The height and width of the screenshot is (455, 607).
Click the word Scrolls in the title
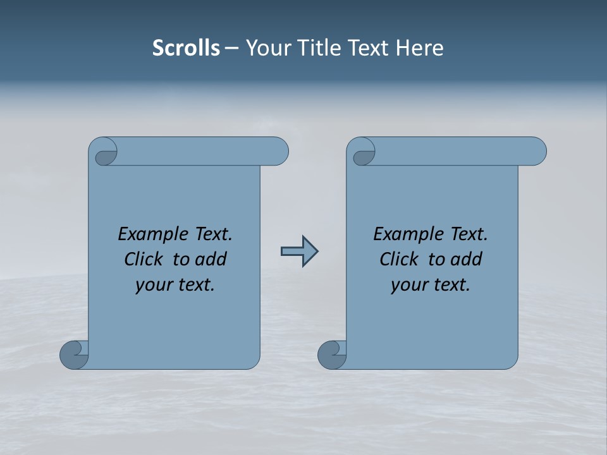click(186, 47)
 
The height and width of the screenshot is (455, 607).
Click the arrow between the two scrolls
click(299, 252)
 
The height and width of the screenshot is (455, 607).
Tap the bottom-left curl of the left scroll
click(74, 355)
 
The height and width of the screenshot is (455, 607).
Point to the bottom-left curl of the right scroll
click(332, 355)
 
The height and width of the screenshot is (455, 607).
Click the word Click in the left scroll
click(145, 259)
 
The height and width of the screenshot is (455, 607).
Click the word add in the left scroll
click(210, 259)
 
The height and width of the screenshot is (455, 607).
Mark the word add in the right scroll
click(465, 259)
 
